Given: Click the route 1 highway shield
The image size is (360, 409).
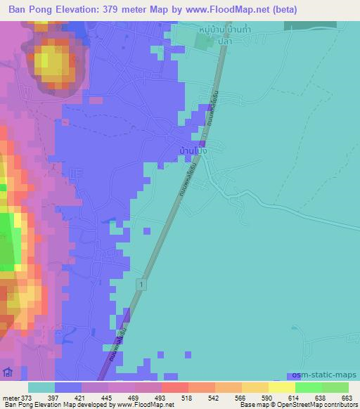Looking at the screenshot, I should pyautogui.click(x=142, y=283).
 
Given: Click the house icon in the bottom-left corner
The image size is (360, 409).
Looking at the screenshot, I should pyautogui.click(x=8, y=372).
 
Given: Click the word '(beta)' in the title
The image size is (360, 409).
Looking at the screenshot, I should pyautogui.click(x=283, y=10).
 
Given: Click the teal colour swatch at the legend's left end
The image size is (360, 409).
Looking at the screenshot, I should pyautogui.click(x=41, y=387).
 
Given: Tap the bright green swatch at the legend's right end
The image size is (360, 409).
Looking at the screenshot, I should pyautogui.click(x=335, y=387).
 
